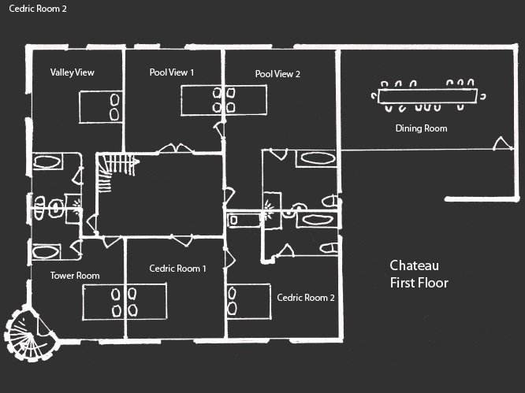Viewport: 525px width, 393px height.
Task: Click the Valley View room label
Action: (72, 72)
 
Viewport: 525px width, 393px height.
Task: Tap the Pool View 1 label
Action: (171, 72)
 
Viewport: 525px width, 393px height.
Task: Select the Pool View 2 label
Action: (277, 74)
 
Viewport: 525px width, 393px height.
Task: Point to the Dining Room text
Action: (421, 128)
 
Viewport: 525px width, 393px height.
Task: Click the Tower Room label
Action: (74, 276)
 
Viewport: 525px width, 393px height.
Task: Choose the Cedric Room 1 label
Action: (177, 269)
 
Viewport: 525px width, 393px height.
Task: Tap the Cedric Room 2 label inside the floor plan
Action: (306, 298)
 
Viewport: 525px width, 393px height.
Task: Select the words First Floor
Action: (419, 283)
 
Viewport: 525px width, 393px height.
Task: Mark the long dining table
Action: (426, 95)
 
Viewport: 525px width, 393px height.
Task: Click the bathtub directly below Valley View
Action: (48, 165)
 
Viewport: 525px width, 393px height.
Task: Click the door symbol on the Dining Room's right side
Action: (500, 143)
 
